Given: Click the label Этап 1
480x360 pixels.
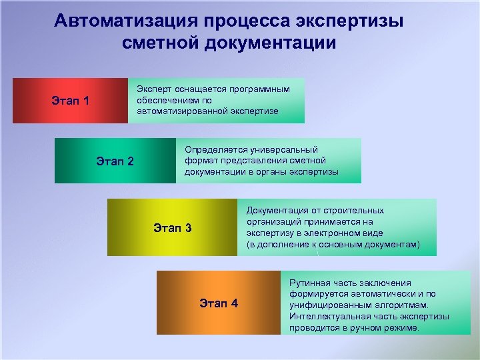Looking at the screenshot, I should tap(70, 101).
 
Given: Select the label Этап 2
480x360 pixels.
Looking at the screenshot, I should tap(115, 161).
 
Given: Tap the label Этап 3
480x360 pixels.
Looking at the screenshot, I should tap(172, 228).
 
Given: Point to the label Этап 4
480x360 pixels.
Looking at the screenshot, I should tap(218, 304).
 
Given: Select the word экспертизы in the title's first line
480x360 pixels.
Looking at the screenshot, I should tap(361, 21).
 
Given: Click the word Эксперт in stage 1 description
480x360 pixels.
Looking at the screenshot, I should tap(153, 89).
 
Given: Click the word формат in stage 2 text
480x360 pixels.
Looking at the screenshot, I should tap(200, 161).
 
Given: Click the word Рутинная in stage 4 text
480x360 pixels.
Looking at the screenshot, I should tap(311, 283).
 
